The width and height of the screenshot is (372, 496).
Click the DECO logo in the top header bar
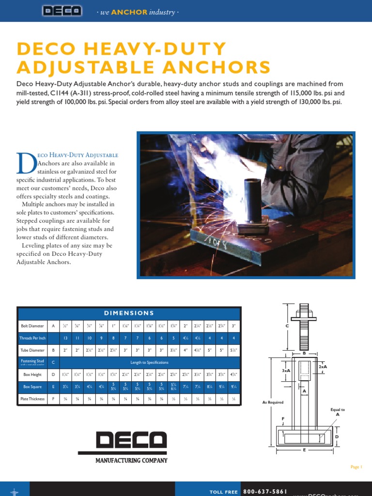62,11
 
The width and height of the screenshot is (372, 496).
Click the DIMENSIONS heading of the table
128,313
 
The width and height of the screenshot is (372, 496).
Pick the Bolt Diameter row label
31,325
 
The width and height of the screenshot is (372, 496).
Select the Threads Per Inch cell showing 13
65,338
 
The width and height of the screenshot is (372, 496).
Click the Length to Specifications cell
149,362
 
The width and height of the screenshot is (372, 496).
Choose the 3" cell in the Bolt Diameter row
233,325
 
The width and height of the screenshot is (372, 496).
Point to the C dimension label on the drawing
287,326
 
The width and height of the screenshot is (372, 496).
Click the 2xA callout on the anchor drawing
323,367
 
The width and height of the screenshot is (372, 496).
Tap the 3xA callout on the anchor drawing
286,371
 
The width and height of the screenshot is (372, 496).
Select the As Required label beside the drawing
273,403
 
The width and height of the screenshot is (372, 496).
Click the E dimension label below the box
305,450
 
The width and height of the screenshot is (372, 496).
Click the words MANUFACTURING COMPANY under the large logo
131,461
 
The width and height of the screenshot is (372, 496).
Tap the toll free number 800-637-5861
264,491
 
